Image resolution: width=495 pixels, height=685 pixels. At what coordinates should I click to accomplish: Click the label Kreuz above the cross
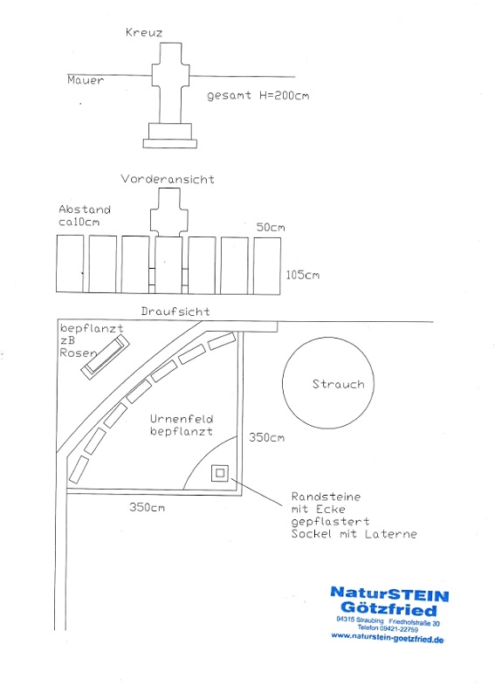(x=144, y=32)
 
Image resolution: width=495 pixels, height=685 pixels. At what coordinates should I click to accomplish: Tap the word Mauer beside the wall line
(x=86, y=80)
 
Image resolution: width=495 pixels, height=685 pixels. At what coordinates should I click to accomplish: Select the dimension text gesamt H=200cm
(x=258, y=95)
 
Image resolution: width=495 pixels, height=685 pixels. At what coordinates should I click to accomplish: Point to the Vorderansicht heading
(x=168, y=179)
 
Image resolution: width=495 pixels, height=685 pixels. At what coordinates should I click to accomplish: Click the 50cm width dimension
(x=271, y=227)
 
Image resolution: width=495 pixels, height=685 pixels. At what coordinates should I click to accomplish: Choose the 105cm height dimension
(x=302, y=275)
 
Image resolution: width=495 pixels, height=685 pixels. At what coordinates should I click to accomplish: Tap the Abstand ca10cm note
(x=85, y=216)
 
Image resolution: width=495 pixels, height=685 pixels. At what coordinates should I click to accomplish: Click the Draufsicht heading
(x=175, y=312)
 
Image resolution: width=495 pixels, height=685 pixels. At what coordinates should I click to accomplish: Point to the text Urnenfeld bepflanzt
(x=182, y=425)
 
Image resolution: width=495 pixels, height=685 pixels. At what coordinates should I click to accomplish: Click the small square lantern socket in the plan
(x=220, y=473)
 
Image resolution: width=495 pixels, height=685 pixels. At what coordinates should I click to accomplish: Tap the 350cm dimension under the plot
(x=147, y=507)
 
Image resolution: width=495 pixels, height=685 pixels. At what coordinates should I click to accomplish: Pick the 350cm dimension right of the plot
(x=266, y=437)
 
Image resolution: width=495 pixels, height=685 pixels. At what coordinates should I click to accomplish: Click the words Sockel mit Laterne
(x=354, y=534)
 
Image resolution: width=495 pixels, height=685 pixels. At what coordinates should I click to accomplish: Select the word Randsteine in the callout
(x=326, y=497)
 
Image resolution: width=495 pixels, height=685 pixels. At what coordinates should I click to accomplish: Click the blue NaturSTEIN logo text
(x=389, y=594)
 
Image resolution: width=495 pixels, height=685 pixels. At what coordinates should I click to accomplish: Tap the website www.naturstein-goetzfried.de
(x=387, y=638)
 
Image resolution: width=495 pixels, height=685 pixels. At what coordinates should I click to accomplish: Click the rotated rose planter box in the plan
(x=105, y=357)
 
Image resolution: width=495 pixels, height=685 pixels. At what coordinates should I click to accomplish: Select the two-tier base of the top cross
(x=170, y=135)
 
